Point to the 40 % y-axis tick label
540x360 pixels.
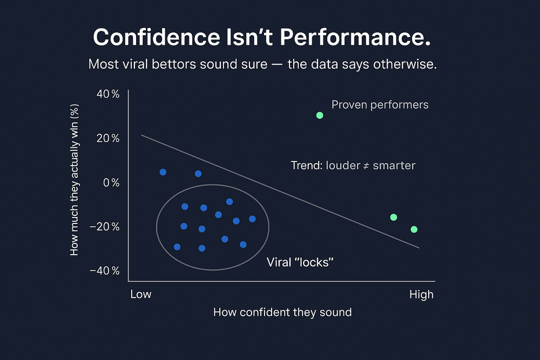107,94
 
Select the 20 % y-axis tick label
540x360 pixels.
107,138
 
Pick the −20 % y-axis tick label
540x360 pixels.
106,226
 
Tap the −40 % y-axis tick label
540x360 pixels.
106,270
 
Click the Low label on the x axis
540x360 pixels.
141,295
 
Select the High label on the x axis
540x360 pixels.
421,295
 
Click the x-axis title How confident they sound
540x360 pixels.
282,313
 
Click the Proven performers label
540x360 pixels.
380,105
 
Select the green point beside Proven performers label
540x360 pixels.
320,115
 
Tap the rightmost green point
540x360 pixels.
414,229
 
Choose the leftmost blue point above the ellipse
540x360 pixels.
163,172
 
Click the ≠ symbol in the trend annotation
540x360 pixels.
365,166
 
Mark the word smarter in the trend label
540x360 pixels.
394,166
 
